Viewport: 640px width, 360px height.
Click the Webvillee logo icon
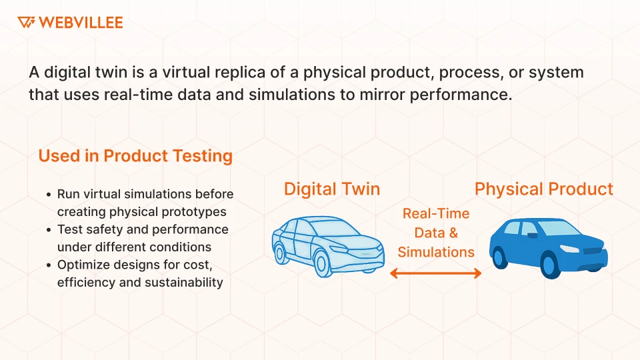(26, 23)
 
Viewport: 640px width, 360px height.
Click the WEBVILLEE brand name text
(81, 23)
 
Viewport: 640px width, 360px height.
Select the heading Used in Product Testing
(135, 156)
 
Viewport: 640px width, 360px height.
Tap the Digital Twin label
(332, 189)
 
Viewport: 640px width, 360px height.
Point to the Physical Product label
(543, 189)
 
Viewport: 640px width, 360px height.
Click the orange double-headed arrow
(436, 273)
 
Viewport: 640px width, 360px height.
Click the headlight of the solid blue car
(570, 248)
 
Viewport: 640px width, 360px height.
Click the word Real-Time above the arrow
(436, 214)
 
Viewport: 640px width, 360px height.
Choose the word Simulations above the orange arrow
(436, 252)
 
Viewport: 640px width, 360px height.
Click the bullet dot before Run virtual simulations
(49, 195)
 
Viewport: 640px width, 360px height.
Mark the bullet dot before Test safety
(49, 230)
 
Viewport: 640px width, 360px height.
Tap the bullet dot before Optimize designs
(49, 265)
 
